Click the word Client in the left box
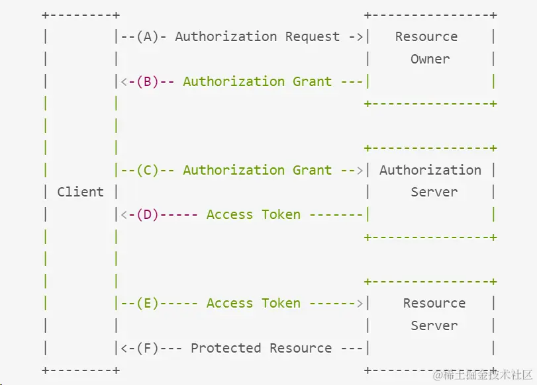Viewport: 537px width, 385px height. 80,192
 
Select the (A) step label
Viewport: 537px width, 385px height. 148,36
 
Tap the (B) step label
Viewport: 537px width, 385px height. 148,81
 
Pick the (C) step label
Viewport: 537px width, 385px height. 148,170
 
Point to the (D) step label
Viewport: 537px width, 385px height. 148,214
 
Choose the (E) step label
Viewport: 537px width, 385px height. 148,303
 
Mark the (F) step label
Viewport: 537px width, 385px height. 148,348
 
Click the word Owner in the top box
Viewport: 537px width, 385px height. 430,59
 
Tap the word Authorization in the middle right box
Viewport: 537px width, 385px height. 430,170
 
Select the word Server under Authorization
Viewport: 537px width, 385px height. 434,192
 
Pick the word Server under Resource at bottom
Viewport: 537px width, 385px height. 434,325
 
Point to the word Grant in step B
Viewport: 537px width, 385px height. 312,81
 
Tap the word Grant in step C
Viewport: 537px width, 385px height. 312,170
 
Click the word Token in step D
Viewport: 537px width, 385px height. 281,214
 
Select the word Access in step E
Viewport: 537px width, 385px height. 229,303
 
